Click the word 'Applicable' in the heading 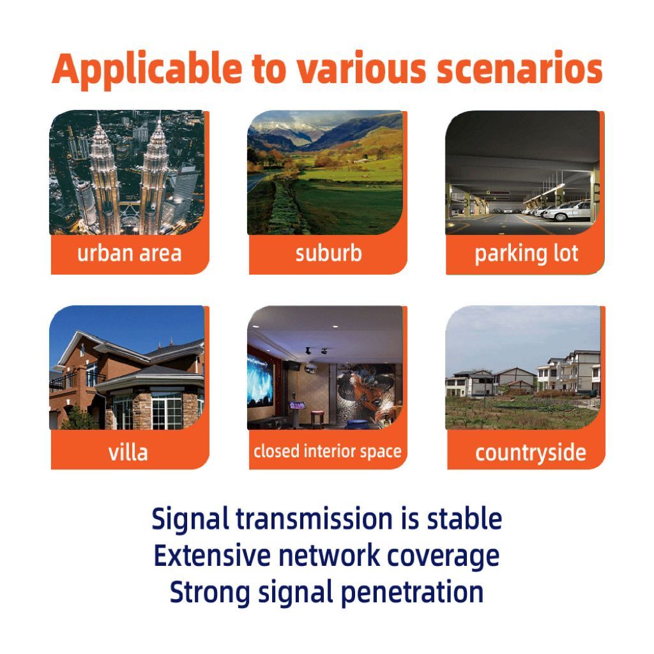pos(147,70)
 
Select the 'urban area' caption pos(129,253)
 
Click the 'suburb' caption pos(328,253)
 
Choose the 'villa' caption pos(128,452)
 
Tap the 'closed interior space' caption pos(328,452)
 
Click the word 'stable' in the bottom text pos(464,519)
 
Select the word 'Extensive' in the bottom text pos(212,556)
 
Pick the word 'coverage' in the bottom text pos(443,557)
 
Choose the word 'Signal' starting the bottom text pos(190,520)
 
